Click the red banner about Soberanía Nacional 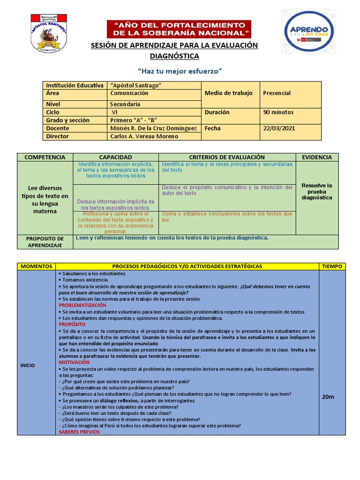point(179,29)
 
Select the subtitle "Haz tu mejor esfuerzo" point(179,71)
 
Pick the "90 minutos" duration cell point(277,112)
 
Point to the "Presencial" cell point(277,93)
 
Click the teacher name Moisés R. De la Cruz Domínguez point(154,128)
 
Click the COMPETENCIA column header point(45,157)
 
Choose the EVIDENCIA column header point(317,157)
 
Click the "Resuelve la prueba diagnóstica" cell point(317,191)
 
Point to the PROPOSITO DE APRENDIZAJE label point(45,242)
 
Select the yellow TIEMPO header point(332,266)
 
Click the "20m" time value point(328,397)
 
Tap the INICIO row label point(28,365)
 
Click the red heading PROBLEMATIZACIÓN point(82,305)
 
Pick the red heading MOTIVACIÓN point(74,362)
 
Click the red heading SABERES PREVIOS point(79,432)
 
